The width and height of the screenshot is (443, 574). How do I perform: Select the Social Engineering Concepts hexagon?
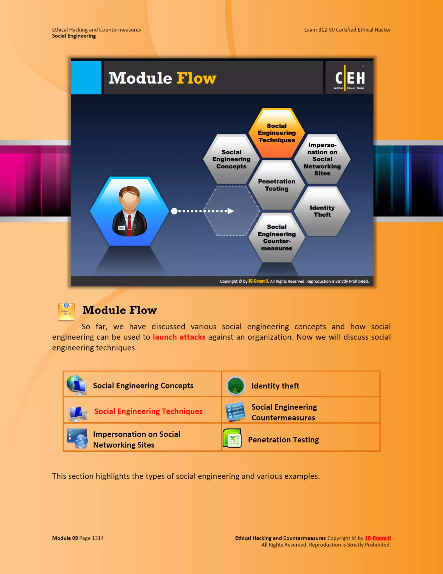click(x=231, y=159)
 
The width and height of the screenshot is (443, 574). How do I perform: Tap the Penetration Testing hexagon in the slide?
click(x=277, y=185)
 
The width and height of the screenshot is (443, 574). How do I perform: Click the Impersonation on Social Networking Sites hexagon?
click(x=322, y=159)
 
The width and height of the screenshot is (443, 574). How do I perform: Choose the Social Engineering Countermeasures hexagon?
click(x=277, y=237)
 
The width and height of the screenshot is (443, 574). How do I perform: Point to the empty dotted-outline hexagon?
click(x=231, y=211)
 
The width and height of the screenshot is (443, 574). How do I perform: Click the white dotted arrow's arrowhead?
click(x=230, y=211)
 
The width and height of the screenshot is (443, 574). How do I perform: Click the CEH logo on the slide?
click(x=349, y=78)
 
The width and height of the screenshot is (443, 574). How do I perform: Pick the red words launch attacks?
click(x=179, y=337)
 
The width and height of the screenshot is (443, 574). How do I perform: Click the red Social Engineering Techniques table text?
click(x=148, y=411)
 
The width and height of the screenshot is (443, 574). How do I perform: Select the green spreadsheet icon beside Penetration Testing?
click(x=232, y=438)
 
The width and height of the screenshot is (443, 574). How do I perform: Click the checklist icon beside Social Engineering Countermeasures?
click(x=235, y=412)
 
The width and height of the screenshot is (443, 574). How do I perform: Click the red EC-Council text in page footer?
click(x=378, y=538)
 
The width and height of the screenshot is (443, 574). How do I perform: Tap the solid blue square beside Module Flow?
click(x=86, y=78)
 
